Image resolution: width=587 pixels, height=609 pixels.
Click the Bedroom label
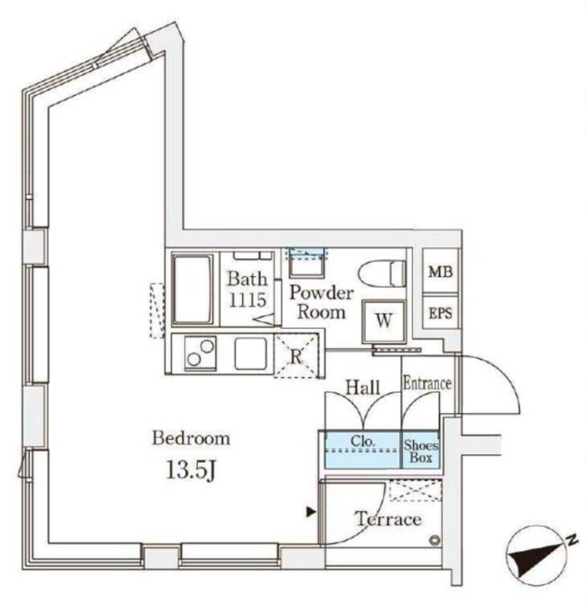coord(191,438)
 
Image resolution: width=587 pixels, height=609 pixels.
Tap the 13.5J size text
coord(191,470)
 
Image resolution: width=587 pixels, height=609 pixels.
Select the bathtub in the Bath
coord(193,290)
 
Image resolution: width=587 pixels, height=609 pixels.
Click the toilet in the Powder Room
coord(382,273)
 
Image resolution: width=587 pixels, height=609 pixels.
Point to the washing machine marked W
coord(384,322)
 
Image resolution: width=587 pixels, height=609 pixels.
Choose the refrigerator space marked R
coord(296,356)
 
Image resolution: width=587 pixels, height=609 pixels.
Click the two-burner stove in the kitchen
coord(200,353)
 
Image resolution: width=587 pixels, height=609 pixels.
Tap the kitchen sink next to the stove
coord(251,353)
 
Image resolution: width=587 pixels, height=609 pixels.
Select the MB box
coord(440,271)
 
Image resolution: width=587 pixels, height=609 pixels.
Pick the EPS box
coord(440,313)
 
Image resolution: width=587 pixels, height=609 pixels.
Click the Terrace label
coord(389,519)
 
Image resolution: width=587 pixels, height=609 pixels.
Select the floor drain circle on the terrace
coord(435,540)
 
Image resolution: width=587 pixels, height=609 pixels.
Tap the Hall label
coord(363,387)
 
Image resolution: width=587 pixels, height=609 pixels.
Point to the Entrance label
coord(427,384)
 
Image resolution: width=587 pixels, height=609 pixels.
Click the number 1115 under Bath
coord(248,300)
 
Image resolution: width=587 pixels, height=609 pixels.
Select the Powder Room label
coord(321,303)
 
